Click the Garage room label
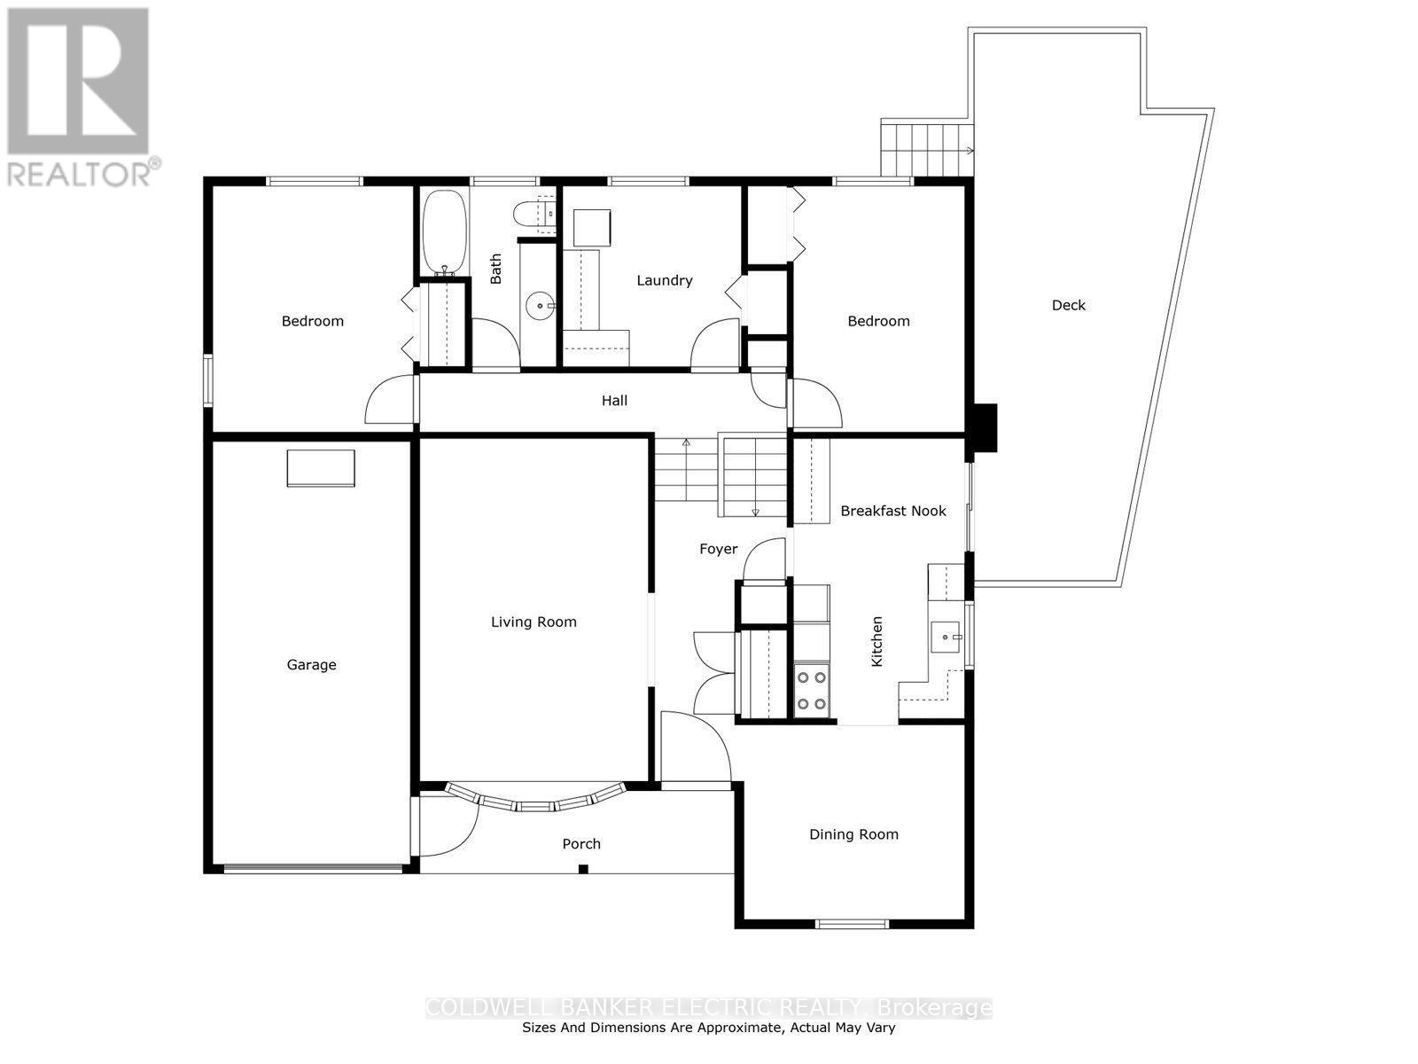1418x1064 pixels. [x=311, y=665]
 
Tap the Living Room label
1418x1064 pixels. [x=534, y=622]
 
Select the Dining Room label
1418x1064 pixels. [x=853, y=834]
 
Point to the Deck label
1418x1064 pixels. [x=1068, y=305]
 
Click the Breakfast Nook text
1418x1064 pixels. [x=892, y=511]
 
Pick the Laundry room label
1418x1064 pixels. [x=664, y=280]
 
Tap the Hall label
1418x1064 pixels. [x=614, y=401]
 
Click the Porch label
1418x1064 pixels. [x=581, y=844]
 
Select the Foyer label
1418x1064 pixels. [x=718, y=549]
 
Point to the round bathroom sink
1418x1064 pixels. [x=540, y=307]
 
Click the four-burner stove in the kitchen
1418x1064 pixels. [x=811, y=691]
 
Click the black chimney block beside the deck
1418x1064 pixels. [x=984, y=428]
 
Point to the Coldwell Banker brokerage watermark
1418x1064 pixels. [x=709, y=1008]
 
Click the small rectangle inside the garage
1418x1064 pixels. [x=320, y=468]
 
